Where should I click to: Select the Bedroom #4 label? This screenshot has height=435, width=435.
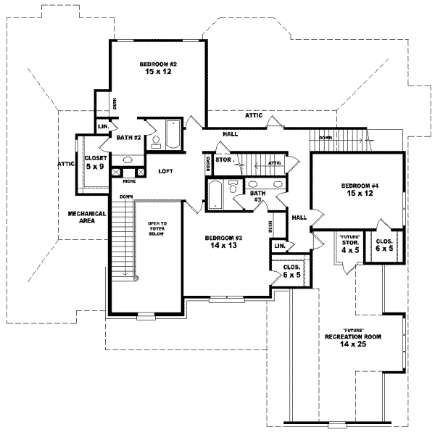click(359, 190)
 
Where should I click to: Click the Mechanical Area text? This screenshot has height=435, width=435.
click(87, 217)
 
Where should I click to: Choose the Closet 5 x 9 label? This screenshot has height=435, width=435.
click(96, 161)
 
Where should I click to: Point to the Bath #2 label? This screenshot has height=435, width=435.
click(128, 137)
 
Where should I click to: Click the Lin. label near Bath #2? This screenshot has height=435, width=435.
click(102, 127)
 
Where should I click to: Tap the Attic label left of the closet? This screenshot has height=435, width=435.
click(66, 164)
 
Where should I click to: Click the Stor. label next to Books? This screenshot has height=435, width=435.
click(224, 159)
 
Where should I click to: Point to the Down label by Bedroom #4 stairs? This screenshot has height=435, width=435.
click(326, 137)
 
